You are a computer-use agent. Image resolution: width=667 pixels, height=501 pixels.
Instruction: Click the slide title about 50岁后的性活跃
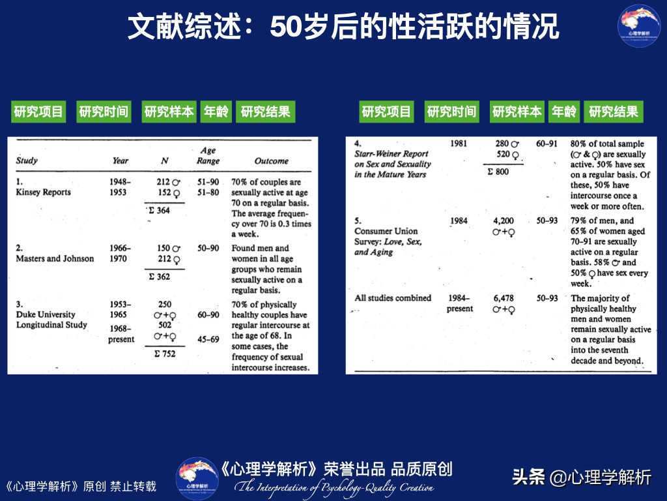pos(343,27)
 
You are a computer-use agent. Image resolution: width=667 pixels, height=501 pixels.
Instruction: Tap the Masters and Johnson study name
pos(55,258)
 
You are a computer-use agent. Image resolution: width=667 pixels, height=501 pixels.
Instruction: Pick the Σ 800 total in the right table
pos(498,172)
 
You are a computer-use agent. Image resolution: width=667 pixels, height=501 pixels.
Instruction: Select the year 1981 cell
pos(459,144)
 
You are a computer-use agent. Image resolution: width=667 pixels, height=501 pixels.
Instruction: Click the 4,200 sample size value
pos(504,220)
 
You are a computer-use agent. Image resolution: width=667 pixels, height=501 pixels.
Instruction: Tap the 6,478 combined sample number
pos(504,298)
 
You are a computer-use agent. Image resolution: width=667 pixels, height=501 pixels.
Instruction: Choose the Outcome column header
pos(271,160)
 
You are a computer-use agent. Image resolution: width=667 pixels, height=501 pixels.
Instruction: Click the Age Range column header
pos(208,155)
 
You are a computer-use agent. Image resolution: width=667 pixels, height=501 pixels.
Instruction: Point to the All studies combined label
pos(393,298)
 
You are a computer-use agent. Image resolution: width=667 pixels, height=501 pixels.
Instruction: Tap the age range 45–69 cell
pos(208,339)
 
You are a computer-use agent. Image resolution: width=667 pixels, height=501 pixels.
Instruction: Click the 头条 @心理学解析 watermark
pos(581,478)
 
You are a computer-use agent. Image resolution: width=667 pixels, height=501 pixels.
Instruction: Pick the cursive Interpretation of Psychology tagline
pos(333,487)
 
